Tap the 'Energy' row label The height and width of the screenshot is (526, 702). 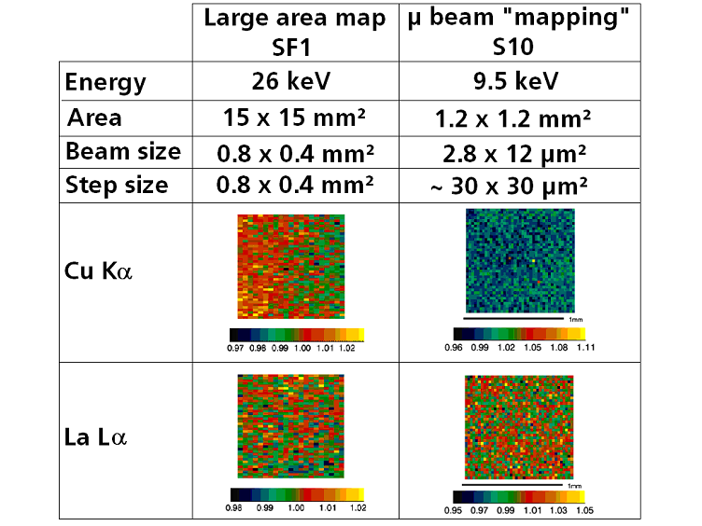point(105,82)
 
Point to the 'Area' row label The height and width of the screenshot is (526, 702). point(94,118)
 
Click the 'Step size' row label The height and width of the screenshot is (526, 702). point(117,185)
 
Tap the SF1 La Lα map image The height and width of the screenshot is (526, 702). point(291,426)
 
